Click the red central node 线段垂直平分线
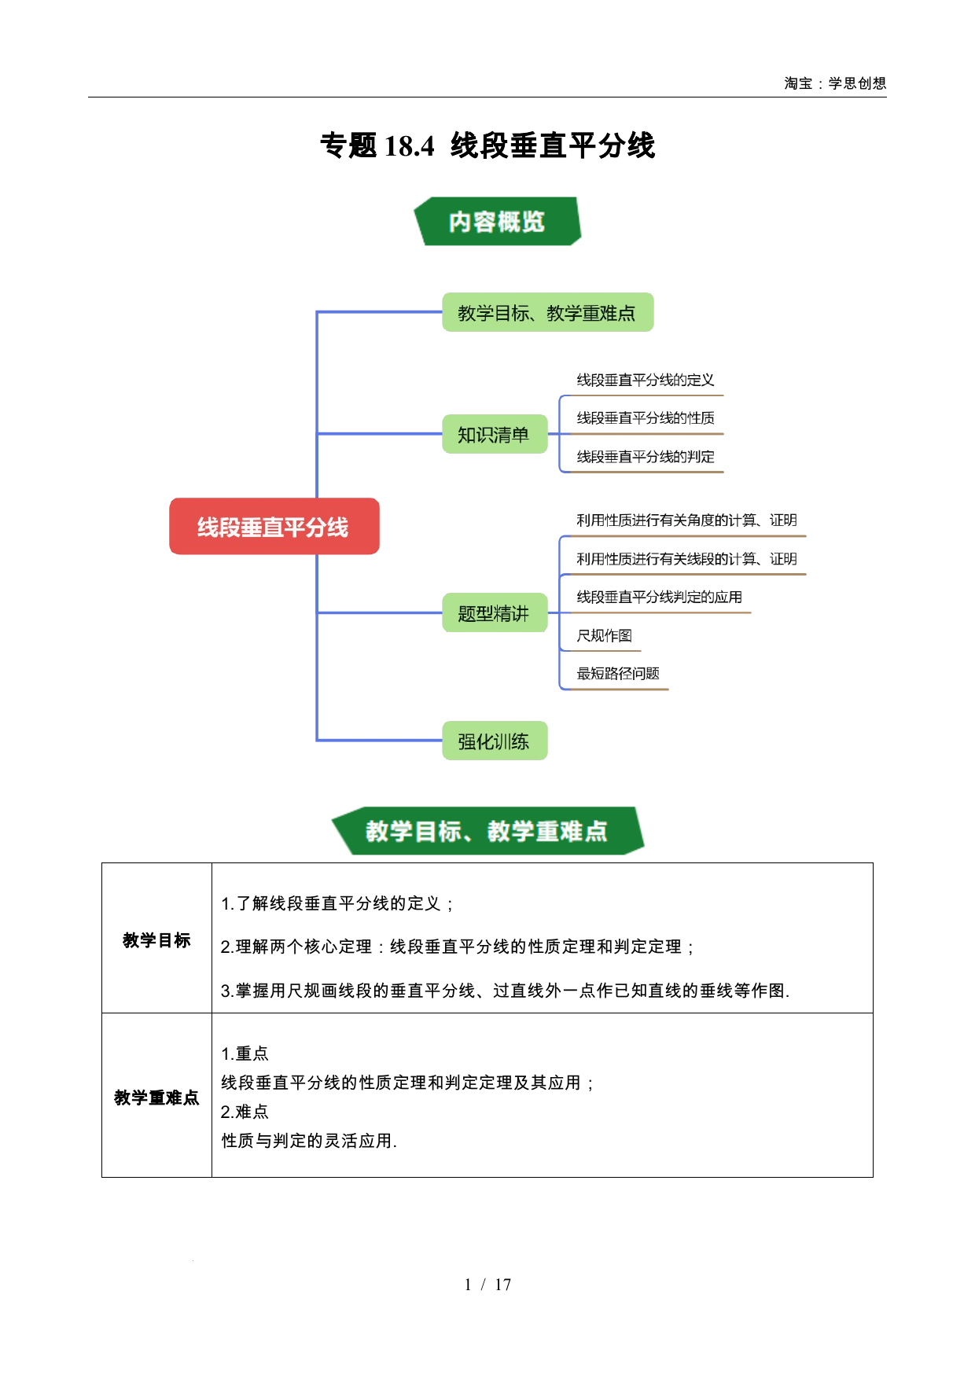[x=274, y=526]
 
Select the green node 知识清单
[x=495, y=434]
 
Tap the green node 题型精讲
[x=495, y=612]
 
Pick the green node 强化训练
[x=495, y=741]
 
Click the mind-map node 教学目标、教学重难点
[x=547, y=312]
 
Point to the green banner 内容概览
[x=497, y=221]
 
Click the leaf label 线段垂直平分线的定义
[x=646, y=381]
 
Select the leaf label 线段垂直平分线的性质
[x=646, y=418]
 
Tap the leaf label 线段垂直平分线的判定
[x=646, y=457]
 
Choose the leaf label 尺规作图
[x=605, y=635]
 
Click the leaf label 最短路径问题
[x=618, y=674]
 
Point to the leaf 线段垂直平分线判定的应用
[x=660, y=598]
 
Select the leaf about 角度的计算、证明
[x=687, y=520]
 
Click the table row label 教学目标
[x=156, y=940]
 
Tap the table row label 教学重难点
[x=156, y=1098]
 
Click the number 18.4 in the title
[x=409, y=146]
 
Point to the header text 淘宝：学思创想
[x=835, y=83]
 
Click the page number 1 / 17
[x=487, y=1285]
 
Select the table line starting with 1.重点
[x=245, y=1054]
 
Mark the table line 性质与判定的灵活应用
[x=309, y=1141]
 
